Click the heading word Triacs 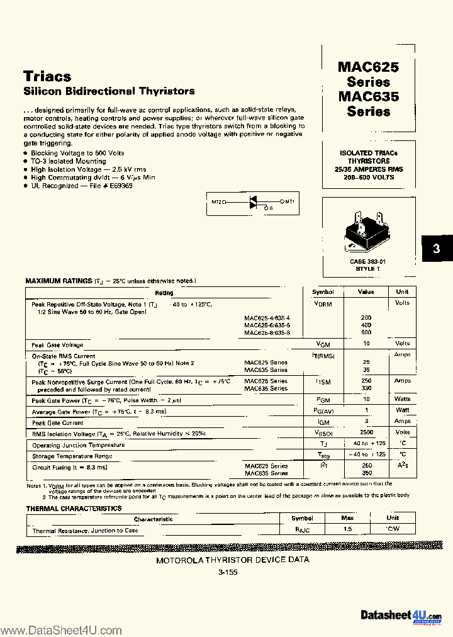tap(47, 76)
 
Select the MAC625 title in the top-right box tap(368, 67)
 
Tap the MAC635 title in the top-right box tap(368, 96)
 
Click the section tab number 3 tap(435, 250)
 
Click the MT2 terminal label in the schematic tap(216, 202)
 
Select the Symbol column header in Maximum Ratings tap(323, 291)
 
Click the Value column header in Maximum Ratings tap(366, 291)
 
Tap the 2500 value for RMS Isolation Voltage tap(366, 432)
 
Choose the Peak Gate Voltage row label tap(57, 345)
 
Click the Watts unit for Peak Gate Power tap(402, 398)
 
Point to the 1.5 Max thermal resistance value tap(347, 529)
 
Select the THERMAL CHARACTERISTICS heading tap(74, 508)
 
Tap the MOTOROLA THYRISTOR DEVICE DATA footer tap(232, 560)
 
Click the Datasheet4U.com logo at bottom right tap(401, 616)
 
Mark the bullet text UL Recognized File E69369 tap(82, 185)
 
